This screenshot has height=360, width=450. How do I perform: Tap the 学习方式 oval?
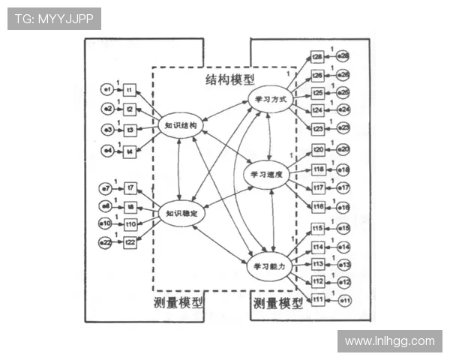[x=271, y=98]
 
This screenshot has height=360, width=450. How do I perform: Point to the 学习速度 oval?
[x=268, y=174]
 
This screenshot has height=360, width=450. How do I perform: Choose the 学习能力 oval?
[x=268, y=266]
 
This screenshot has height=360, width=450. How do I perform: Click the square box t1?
[x=129, y=90]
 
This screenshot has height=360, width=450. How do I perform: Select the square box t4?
[x=129, y=151]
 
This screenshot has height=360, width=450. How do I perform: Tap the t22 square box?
[x=130, y=242]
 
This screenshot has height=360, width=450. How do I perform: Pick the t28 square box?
[x=318, y=57]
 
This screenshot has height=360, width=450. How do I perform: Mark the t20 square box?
[x=318, y=149]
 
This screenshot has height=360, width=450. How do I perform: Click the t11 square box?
[x=318, y=300]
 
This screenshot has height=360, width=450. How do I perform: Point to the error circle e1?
[x=108, y=90]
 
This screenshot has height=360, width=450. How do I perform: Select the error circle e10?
[x=107, y=223]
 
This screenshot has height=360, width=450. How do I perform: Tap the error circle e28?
[x=343, y=57]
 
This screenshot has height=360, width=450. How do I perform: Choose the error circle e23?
[x=343, y=129]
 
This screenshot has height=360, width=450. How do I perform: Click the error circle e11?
[x=344, y=300]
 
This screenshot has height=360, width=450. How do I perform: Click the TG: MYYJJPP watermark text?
[x=54, y=19]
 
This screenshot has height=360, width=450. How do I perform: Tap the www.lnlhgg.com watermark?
[x=389, y=341]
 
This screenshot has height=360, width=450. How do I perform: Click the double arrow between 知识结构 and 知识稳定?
[x=178, y=170]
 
